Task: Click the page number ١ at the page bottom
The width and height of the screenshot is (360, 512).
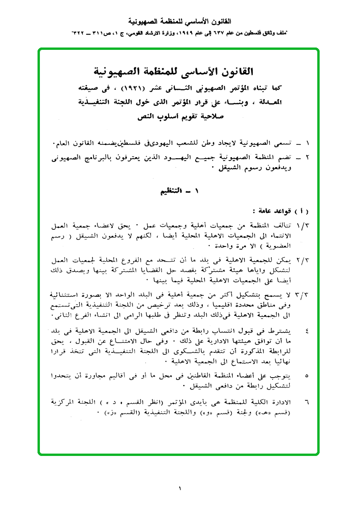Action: tap(180, 488)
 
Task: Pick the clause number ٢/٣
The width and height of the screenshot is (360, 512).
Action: tap(303, 261)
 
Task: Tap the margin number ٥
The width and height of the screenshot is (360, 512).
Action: tap(306, 376)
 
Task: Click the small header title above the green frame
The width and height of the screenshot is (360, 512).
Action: tap(180, 22)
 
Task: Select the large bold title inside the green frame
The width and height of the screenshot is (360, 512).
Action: tap(179, 72)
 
